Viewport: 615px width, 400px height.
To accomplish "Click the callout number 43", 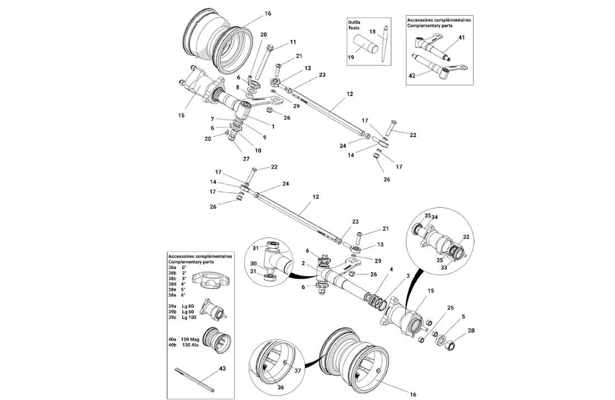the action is pos(222,369).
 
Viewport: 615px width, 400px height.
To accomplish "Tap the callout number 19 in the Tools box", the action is pos(351,57).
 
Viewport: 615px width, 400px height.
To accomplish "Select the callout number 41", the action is pos(462,38).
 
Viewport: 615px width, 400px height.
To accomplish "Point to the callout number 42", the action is pos(412,76).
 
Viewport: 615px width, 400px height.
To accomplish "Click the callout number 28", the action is pos(471,330).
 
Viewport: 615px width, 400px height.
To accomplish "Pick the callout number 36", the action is pos(281,387).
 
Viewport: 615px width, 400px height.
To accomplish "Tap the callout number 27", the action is pos(246,159).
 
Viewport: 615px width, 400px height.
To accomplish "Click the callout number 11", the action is pos(293,42).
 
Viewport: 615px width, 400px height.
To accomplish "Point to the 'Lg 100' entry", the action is pos(189,317).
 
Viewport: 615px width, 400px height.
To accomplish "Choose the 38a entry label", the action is pos(172,267).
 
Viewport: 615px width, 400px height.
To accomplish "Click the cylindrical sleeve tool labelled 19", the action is pos(367,44).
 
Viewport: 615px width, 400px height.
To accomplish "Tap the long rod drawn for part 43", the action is pos(195,379).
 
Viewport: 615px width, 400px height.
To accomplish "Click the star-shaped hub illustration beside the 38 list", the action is pos(210,281).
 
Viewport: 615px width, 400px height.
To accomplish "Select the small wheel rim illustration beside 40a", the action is pos(217,340).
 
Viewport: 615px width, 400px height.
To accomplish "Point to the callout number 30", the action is pos(253,263).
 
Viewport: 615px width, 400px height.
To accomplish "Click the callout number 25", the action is pos(450,308).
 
